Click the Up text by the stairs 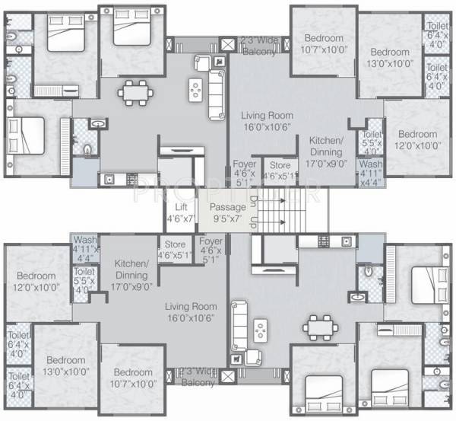pyautogui.click(x=254, y=223)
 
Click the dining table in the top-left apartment pyautogui.click(x=134, y=93)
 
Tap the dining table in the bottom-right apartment pyautogui.click(x=321, y=327)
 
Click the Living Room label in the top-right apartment pyautogui.click(x=262, y=121)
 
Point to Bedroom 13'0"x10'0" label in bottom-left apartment pyautogui.click(x=65, y=365)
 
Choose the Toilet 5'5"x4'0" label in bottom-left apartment pyautogui.click(x=84, y=279)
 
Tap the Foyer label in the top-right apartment pyautogui.click(x=244, y=168)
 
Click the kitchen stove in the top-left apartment pyautogui.click(x=131, y=180)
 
